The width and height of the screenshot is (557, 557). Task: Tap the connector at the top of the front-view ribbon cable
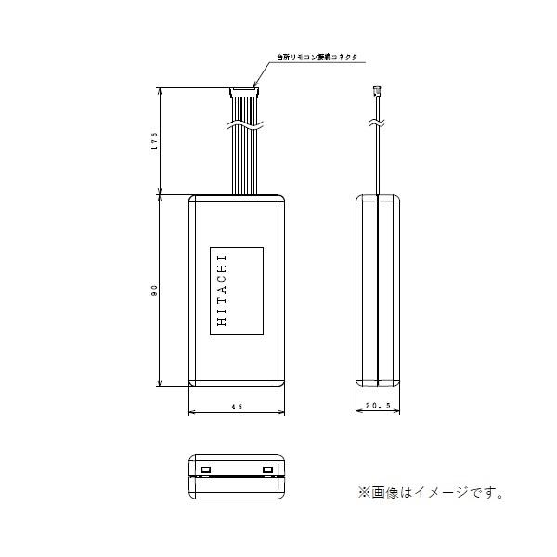pos(243,91)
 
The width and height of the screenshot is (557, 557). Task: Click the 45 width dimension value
pos(237,408)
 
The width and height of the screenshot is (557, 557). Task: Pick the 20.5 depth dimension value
pos(380,408)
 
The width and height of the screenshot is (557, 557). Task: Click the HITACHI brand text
pos(221,291)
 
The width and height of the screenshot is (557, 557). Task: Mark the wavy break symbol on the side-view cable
pos(378,122)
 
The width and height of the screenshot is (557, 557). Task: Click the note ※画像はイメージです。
pos(428,493)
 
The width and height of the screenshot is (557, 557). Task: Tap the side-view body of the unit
pos(379,291)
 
